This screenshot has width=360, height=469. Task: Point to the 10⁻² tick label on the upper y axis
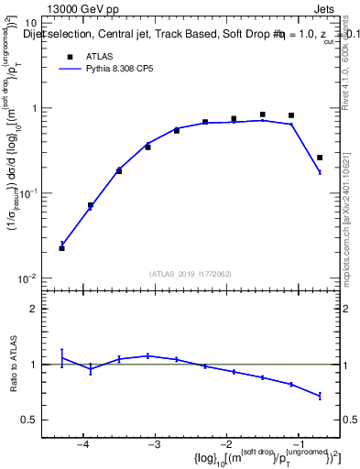point(27,278)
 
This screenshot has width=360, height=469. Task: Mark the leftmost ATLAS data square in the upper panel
point(61,248)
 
